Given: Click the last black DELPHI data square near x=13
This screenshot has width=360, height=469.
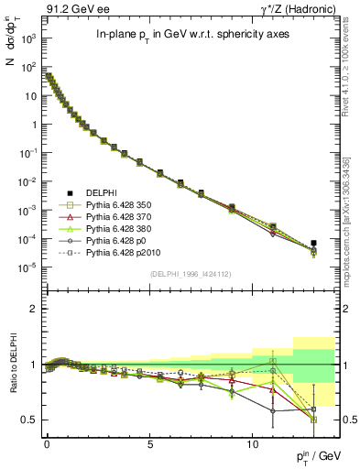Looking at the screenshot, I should pos(313,243).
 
